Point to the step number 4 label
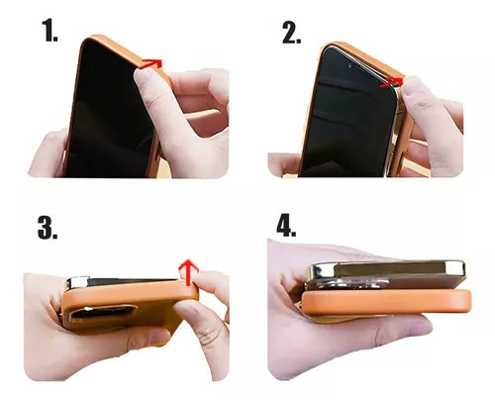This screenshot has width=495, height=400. pos(287,226)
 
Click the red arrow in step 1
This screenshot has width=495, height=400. pos(149,63)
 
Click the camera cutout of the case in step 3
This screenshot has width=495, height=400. pos(104,315)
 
